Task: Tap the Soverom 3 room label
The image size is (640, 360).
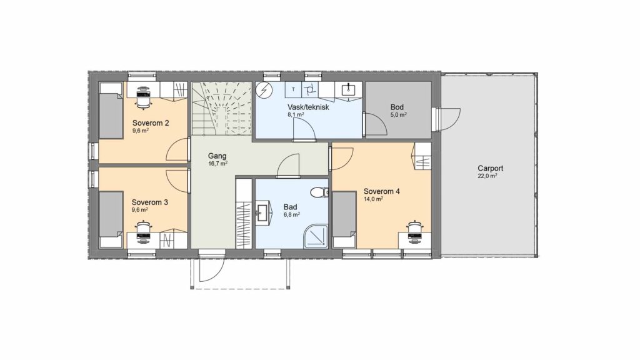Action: coord(150,202)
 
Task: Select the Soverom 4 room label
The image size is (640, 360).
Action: coord(382,191)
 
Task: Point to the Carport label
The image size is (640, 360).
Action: coord(490,168)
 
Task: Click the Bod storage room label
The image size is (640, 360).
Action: coord(397,107)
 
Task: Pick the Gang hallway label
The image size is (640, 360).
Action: coord(217,156)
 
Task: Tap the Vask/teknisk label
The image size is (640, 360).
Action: coord(308,107)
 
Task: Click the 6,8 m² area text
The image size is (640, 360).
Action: coord(292,214)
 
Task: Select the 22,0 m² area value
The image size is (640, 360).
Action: coord(487,176)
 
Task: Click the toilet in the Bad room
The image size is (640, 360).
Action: coord(319,192)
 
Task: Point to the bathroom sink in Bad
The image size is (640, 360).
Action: coord(263,212)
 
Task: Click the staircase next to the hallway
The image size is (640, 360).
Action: coord(222,109)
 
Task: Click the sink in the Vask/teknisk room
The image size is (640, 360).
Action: coord(348,89)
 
